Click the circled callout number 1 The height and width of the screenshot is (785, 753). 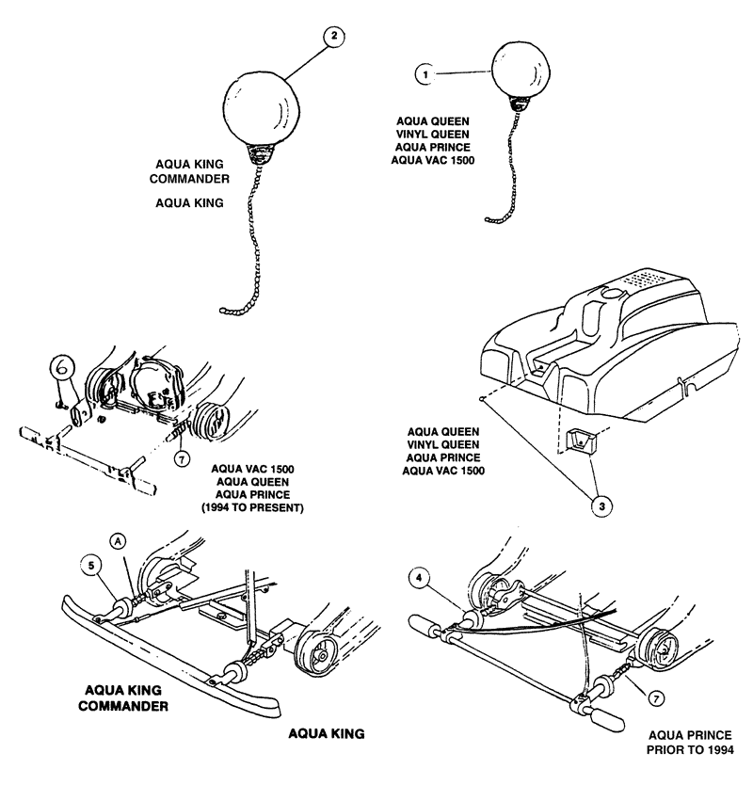pos(426,72)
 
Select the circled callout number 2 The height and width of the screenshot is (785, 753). pos(330,38)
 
